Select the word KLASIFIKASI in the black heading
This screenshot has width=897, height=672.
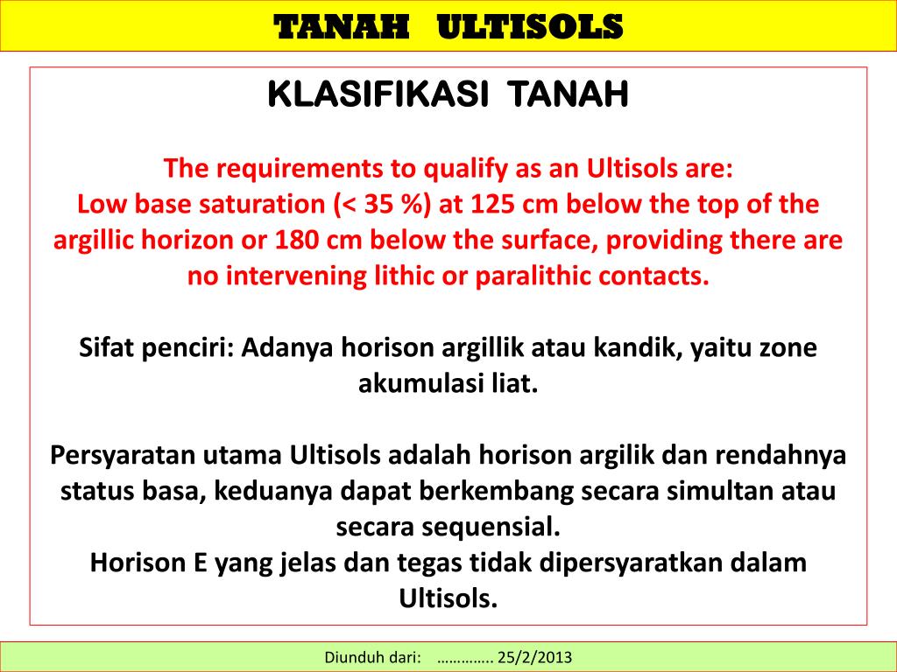[377, 94]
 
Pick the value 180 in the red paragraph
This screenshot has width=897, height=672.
[306, 240]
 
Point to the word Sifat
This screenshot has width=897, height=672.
[104, 347]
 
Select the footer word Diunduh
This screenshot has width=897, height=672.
[355, 656]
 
